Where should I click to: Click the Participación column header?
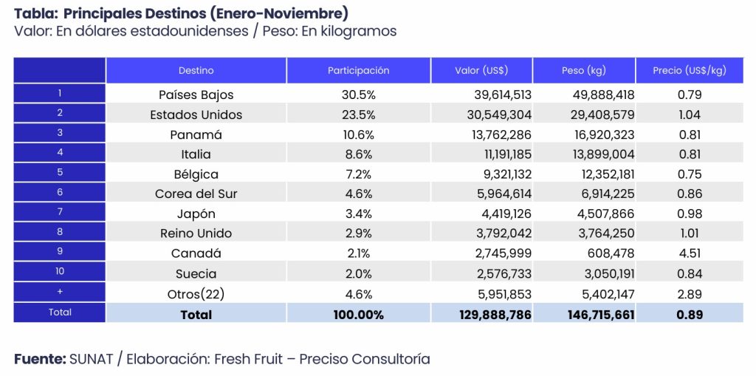click(x=358, y=71)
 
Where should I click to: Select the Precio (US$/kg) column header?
click(x=689, y=71)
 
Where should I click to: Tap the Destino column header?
click(x=196, y=71)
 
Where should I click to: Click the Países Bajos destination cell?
click(x=196, y=95)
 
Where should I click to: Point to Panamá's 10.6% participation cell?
click(x=358, y=134)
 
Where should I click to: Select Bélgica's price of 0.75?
click(x=689, y=174)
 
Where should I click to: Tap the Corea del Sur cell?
click(x=196, y=194)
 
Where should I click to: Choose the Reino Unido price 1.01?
click(x=689, y=233)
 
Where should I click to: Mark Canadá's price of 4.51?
click(x=689, y=253)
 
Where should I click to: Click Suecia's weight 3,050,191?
click(x=603, y=273)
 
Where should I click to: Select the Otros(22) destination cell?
click(x=196, y=293)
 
